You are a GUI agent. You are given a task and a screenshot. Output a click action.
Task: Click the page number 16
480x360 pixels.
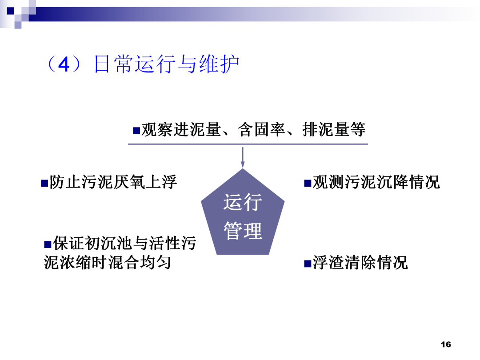point(446,344)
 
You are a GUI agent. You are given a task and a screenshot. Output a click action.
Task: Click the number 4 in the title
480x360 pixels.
point(64,65)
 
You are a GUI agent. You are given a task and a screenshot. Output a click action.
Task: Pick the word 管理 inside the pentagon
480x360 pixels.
point(243,231)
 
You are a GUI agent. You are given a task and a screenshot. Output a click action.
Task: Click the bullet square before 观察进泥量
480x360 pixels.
point(136,131)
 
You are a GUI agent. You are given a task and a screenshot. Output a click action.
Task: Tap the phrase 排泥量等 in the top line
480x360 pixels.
point(334,130)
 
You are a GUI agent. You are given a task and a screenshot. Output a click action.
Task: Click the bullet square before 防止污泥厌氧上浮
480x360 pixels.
point(44,183)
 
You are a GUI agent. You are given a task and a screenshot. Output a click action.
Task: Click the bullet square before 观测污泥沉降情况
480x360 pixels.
point(307,183)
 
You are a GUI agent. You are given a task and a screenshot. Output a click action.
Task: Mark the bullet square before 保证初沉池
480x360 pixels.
point(48,244)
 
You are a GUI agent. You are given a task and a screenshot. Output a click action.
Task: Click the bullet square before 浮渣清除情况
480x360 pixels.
point(307,264)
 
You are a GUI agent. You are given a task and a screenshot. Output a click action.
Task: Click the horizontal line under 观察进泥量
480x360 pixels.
point(247,144)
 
